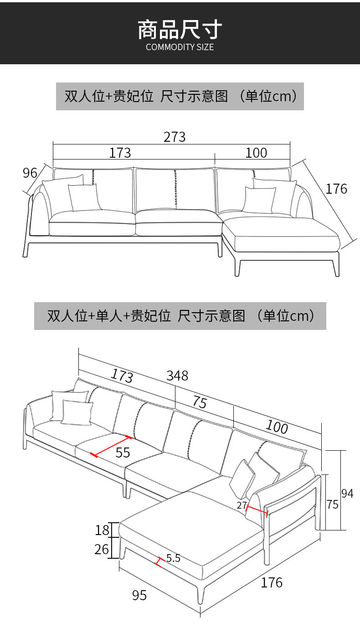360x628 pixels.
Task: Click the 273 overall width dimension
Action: (175, 137)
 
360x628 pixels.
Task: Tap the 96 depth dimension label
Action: (30, 173)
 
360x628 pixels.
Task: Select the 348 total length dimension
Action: (177, 376)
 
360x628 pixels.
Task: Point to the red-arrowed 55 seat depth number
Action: (123, 452)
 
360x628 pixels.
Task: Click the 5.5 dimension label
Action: (173, 558)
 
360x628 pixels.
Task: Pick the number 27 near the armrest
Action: (242, 505)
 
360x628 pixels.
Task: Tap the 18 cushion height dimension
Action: (102, 530)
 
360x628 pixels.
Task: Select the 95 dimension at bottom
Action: (139, 595)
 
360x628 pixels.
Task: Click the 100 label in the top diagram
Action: (256, 153)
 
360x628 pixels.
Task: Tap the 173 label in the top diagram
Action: (120, 153)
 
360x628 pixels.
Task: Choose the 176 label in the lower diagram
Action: (272, 582)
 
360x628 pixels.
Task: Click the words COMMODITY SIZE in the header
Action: (180, 47)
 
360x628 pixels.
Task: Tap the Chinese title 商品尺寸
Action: (180, 29)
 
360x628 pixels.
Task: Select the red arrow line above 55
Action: (111, 446)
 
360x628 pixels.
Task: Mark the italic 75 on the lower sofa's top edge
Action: (200, 402)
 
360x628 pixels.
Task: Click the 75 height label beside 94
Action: (333, 504)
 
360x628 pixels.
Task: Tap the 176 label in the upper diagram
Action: (336, 189)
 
